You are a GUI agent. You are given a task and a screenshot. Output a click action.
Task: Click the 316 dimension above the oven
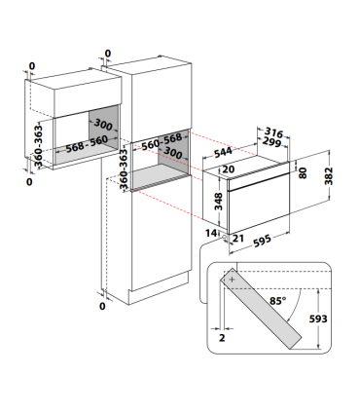coord(273,132)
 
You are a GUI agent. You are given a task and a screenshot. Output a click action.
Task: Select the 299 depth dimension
coord(271,141)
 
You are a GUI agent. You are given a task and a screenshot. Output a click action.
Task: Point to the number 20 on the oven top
coord(229,169)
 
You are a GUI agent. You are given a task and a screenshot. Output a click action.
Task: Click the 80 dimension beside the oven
coord(303,172)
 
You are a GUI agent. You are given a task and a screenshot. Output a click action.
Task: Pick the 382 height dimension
coord(329,176)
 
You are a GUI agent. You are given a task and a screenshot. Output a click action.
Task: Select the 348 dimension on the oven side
coord(219,202)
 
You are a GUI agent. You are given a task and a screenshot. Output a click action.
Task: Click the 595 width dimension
coord(262,241)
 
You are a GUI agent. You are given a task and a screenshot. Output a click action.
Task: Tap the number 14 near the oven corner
coord(211,233)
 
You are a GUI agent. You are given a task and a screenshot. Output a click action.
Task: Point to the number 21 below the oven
coord(238,239)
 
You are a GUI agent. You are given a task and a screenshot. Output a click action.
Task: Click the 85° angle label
coord(278,301)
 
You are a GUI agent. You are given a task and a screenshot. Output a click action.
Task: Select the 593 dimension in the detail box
coord(318,318)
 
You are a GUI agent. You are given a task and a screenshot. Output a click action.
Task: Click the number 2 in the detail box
coord(222,338)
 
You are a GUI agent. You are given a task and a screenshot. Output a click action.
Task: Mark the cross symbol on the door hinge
coord(233,280)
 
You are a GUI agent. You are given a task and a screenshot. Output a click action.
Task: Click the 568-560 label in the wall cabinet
coord(87,144)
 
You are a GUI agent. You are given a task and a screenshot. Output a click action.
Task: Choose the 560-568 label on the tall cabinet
coord(162,141)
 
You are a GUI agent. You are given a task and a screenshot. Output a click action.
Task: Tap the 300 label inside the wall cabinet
coord(103,125)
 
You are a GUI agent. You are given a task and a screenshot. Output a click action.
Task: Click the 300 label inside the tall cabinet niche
coord(173,152)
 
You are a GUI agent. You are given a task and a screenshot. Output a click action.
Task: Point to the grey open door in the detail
coord(261,309)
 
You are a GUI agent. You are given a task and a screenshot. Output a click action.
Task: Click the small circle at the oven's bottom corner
coord(224,237)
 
